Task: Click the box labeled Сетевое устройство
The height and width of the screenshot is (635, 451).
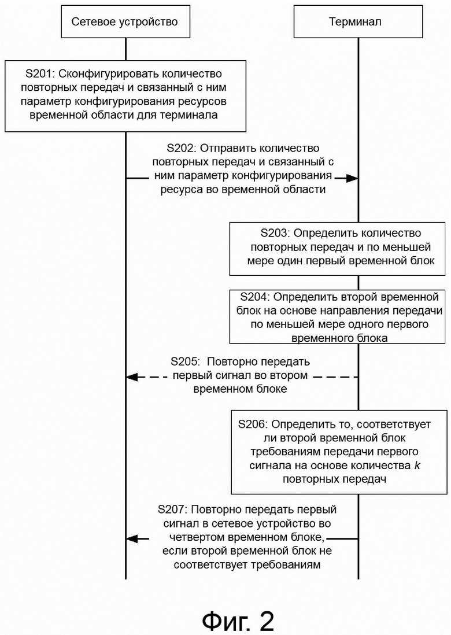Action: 125,21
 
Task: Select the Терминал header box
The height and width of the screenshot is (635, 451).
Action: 358,21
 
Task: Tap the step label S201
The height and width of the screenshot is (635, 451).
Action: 39,73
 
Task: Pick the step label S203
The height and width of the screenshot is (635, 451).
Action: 273,233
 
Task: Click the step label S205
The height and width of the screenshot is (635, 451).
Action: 184,361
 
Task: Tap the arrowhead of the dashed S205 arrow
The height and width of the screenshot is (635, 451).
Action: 132,377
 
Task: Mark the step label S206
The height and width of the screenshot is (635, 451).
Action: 252,424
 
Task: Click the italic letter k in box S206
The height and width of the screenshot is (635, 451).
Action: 417,466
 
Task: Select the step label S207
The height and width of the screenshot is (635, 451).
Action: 171,510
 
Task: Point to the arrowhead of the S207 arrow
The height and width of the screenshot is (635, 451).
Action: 132,538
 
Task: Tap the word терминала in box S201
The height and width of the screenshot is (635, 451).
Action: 189,115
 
